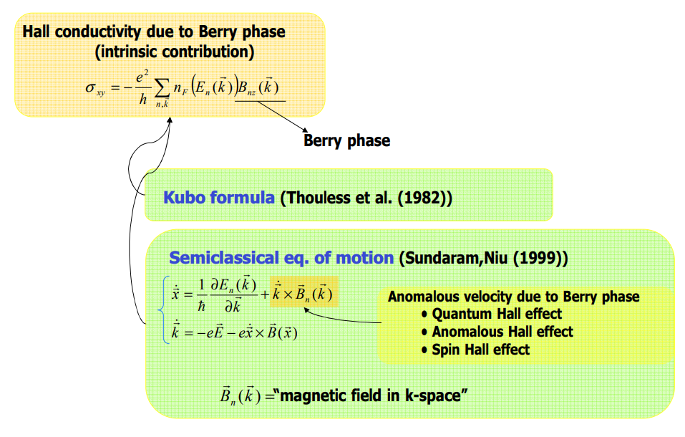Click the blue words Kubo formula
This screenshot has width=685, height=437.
(219, 197)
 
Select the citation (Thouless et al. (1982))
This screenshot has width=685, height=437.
(366, 197)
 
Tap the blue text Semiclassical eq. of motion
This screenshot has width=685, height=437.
(281, 258)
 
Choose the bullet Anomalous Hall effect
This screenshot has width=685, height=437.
(502, 332)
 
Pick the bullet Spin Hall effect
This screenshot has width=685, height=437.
(481, 350)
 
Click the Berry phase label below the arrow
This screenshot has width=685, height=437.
(347, 140)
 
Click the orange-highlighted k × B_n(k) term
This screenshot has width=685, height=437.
(301, 294)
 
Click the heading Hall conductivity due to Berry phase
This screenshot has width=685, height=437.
(154, 32)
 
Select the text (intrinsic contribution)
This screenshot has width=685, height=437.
(175, 52)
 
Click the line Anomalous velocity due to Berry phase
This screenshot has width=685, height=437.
(513, 297)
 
